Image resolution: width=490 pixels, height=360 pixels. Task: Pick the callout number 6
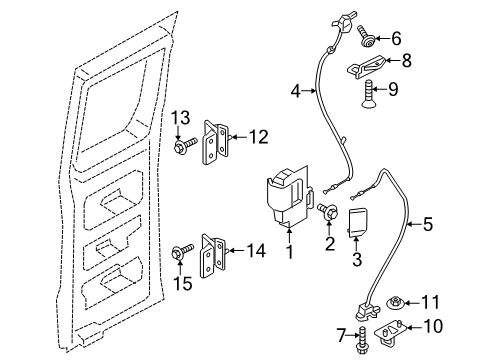click(395, 38)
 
